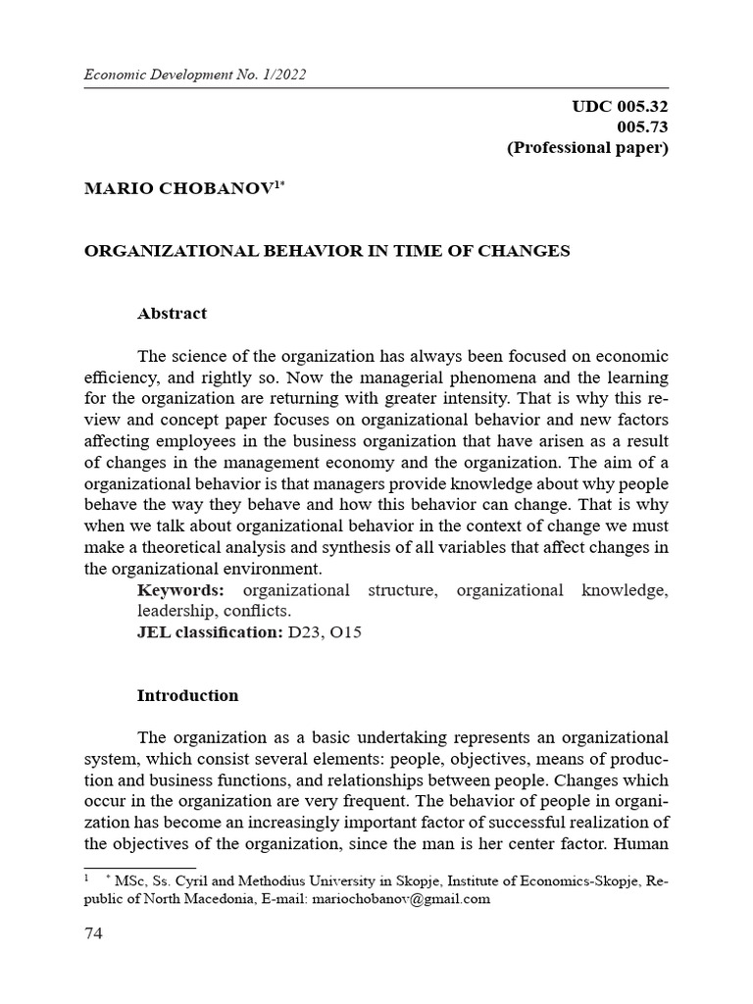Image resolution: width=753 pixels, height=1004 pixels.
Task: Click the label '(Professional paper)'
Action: point(587,149)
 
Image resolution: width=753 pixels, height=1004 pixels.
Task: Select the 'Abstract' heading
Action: point(172,314)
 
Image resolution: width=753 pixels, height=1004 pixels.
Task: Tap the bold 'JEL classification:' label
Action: point(210,632)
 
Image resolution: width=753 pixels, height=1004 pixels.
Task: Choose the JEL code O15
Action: point(348,632)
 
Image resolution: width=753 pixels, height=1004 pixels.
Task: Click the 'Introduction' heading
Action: point(187,695)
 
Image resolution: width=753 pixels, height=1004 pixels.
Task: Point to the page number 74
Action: point(93,933)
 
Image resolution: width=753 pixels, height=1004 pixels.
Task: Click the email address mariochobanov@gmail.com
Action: point(401,898)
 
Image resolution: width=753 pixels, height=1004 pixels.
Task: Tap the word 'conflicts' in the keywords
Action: point(259,611)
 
